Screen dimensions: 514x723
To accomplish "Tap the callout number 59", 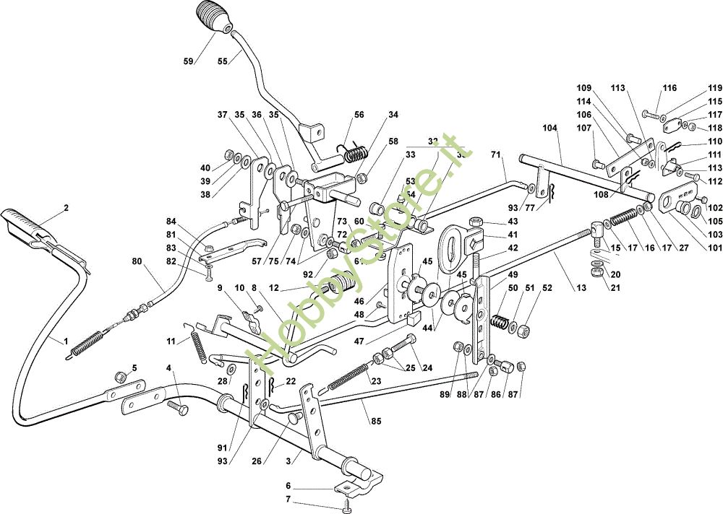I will [189, 61].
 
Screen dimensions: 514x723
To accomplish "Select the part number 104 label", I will [550, 127].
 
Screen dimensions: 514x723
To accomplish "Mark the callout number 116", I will [669, 88].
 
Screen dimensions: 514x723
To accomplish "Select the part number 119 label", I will [715, 88].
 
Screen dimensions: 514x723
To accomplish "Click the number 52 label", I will [547, 289].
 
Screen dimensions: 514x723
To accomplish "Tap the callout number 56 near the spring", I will [359, 115].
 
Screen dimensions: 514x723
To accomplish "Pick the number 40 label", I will [205, 168].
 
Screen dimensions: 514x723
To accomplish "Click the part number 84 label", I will [171, 221].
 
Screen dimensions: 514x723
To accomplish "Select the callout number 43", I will [513, 222].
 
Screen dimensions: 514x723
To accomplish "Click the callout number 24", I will [428, 368].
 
